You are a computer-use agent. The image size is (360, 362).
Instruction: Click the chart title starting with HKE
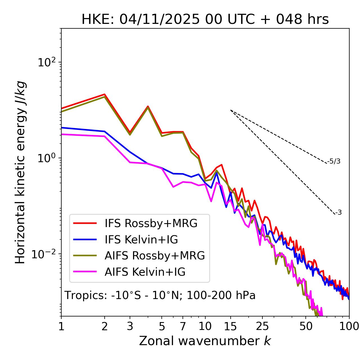[x=205, y=19]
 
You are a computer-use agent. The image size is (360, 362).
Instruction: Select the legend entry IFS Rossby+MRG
[x=151, y=223]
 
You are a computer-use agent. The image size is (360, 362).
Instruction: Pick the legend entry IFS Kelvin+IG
[x=141, y=240]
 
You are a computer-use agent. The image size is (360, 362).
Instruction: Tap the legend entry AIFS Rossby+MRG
[x=155, y=256]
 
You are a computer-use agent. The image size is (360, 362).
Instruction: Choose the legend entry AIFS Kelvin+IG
[x=145, y=272]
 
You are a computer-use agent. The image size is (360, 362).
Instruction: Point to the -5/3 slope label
[x=334, y=161]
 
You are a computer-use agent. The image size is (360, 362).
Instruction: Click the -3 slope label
[x=338, y=213]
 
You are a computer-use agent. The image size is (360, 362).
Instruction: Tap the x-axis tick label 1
[x=61, y=327]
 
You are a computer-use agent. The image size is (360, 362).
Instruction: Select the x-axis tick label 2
[x=105, y=327]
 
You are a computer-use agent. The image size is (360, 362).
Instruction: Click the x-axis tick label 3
[x=130, y=327]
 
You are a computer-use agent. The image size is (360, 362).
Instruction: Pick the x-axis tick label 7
[x=183, y=327]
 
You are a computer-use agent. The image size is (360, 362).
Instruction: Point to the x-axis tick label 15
[x=230, y=327]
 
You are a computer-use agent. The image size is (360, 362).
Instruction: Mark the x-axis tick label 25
[x=262, y=327]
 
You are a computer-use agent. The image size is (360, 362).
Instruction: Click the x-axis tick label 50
[x=306, y=327]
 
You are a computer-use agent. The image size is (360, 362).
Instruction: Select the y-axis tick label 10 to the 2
[x=47, y=62]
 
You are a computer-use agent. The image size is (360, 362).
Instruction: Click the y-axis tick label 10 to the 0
[x=47, y=158]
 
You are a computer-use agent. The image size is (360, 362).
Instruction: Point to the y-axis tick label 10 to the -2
[x=45, y=254]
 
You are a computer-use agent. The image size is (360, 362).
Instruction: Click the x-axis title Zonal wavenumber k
[x=205, y=341]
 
